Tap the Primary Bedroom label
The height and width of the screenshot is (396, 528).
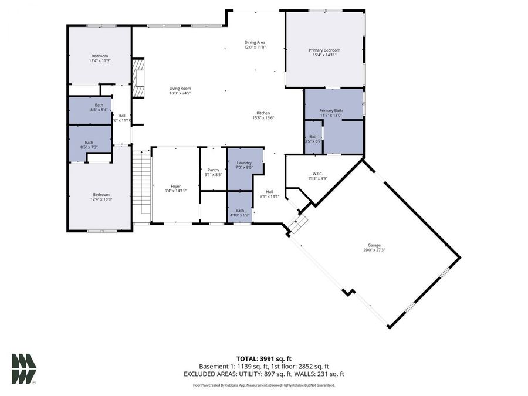coord(324,50)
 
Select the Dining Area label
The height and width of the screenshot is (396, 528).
coord(255,42)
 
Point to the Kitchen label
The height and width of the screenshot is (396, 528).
coord(263,113)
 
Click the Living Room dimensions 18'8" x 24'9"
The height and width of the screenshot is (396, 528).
coord(180,93)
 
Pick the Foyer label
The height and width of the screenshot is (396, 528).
coord(175,186)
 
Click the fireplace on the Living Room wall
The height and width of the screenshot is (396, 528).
coord(138,77)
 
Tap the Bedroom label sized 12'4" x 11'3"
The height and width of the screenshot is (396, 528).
coord(99,56)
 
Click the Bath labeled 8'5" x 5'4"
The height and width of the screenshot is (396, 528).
coord(90,107)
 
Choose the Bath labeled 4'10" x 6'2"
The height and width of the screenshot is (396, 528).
coord(240,211)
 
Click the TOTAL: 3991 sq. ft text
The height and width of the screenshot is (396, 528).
coord(263,358)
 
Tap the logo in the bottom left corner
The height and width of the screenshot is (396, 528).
coord(23,368)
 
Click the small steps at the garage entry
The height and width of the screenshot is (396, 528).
coord(298,224)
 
